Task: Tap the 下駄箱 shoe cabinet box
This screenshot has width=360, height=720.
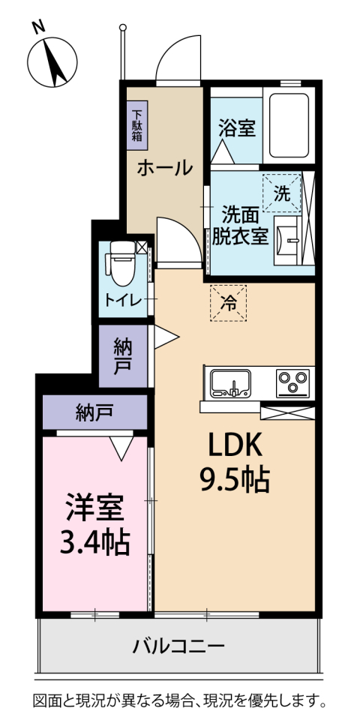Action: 137,122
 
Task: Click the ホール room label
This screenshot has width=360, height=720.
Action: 163,167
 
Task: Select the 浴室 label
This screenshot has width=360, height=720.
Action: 236,127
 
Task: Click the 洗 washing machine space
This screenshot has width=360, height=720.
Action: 281,193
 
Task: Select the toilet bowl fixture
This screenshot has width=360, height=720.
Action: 120,262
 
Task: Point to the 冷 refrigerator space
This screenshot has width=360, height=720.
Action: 228,304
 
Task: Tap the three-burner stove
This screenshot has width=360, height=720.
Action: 293,383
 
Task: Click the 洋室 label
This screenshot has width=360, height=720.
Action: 94,508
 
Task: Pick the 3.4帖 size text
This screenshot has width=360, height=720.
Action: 94,541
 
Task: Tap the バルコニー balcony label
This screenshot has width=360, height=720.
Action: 178,646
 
